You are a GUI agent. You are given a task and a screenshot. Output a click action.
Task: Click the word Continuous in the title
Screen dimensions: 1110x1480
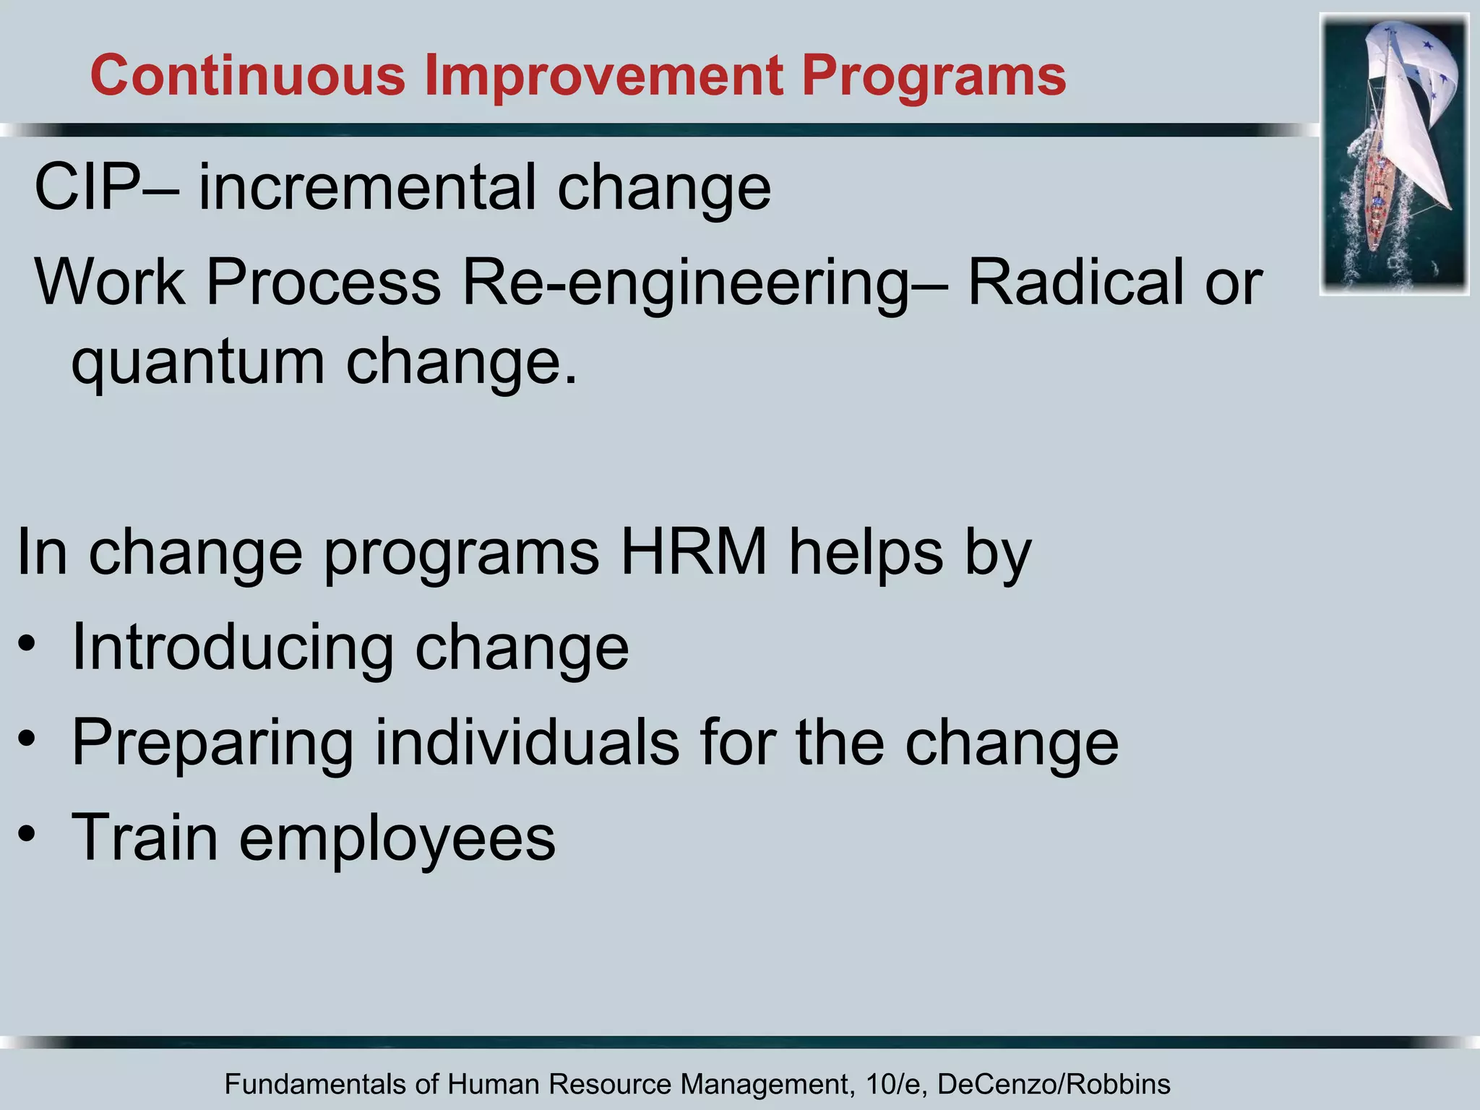(x=248, y=76)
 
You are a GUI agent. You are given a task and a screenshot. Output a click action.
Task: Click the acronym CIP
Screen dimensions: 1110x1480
(x=87, y=188)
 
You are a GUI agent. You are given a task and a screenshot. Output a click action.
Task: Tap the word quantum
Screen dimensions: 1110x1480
(x=198, y=363)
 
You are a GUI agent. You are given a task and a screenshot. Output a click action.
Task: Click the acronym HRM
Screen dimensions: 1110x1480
(x=693, y=552)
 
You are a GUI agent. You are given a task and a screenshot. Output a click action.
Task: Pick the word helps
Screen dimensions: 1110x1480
(x=866, y=552)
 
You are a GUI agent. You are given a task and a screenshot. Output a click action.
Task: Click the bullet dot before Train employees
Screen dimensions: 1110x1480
(x=27, y=835)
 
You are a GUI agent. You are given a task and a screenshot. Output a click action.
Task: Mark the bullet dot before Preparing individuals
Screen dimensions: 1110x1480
(x=27, y=739)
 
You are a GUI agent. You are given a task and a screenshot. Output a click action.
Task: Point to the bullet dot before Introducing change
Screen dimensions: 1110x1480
(x=27, y=643)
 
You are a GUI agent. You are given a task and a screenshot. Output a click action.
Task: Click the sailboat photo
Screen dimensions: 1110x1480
(x=1394, y=155)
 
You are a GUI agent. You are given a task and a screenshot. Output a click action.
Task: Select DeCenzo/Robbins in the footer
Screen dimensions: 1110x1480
(x=1053, y=1085)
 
